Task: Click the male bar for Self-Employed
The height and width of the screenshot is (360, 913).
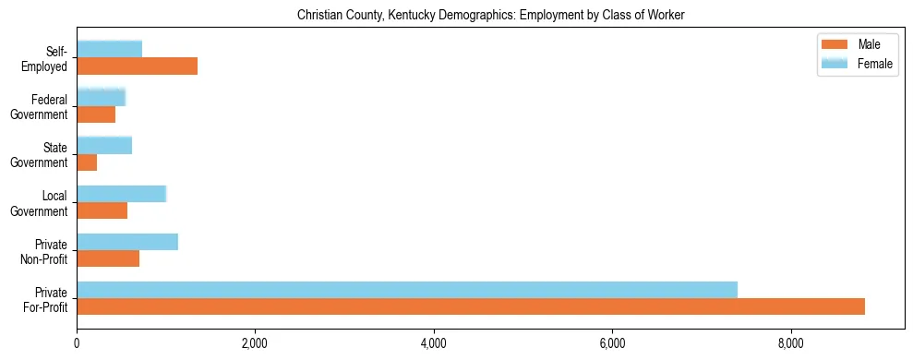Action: coord(137,66)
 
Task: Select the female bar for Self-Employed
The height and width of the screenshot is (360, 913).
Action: coord(109,49)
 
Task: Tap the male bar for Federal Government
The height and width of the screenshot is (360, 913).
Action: coord(96,114)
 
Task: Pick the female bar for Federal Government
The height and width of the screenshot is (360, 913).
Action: coord(101,97)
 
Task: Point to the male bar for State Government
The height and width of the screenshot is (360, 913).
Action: coord(87,162)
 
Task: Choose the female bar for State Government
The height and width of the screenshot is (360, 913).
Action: coord(104,145)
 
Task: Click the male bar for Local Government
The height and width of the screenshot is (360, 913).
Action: coord(102,210)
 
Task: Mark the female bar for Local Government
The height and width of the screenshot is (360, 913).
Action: coord(121,193)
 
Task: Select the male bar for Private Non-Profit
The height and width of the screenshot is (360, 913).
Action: coord(108,258)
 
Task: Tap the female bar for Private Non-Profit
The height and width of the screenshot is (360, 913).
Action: coord(127,242)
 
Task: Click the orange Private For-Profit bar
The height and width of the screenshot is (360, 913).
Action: coord(471,306)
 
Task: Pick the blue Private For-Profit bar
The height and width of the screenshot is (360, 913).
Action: coord(407,290)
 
